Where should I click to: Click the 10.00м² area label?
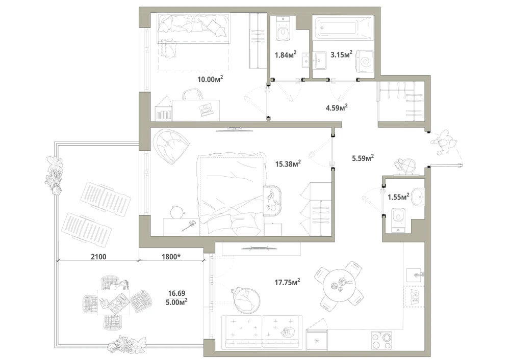coord(210,79)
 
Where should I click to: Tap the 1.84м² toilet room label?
coord(285,54)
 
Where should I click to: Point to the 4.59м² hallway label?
coord(337,107)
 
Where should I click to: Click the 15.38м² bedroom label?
coord(288,163)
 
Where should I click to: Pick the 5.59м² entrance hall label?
coord(363,158)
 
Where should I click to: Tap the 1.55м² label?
coord(398,197)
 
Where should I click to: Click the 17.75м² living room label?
coord(287,282)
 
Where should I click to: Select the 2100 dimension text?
coord(98,257)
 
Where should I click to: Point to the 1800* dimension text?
coord(171,257)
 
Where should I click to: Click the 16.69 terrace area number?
coord(176,293)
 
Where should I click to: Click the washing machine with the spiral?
coord(365,61)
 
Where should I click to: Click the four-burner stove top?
coord(381,340)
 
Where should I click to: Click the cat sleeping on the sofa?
coord(288,331)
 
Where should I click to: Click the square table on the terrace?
coord(114,302)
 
